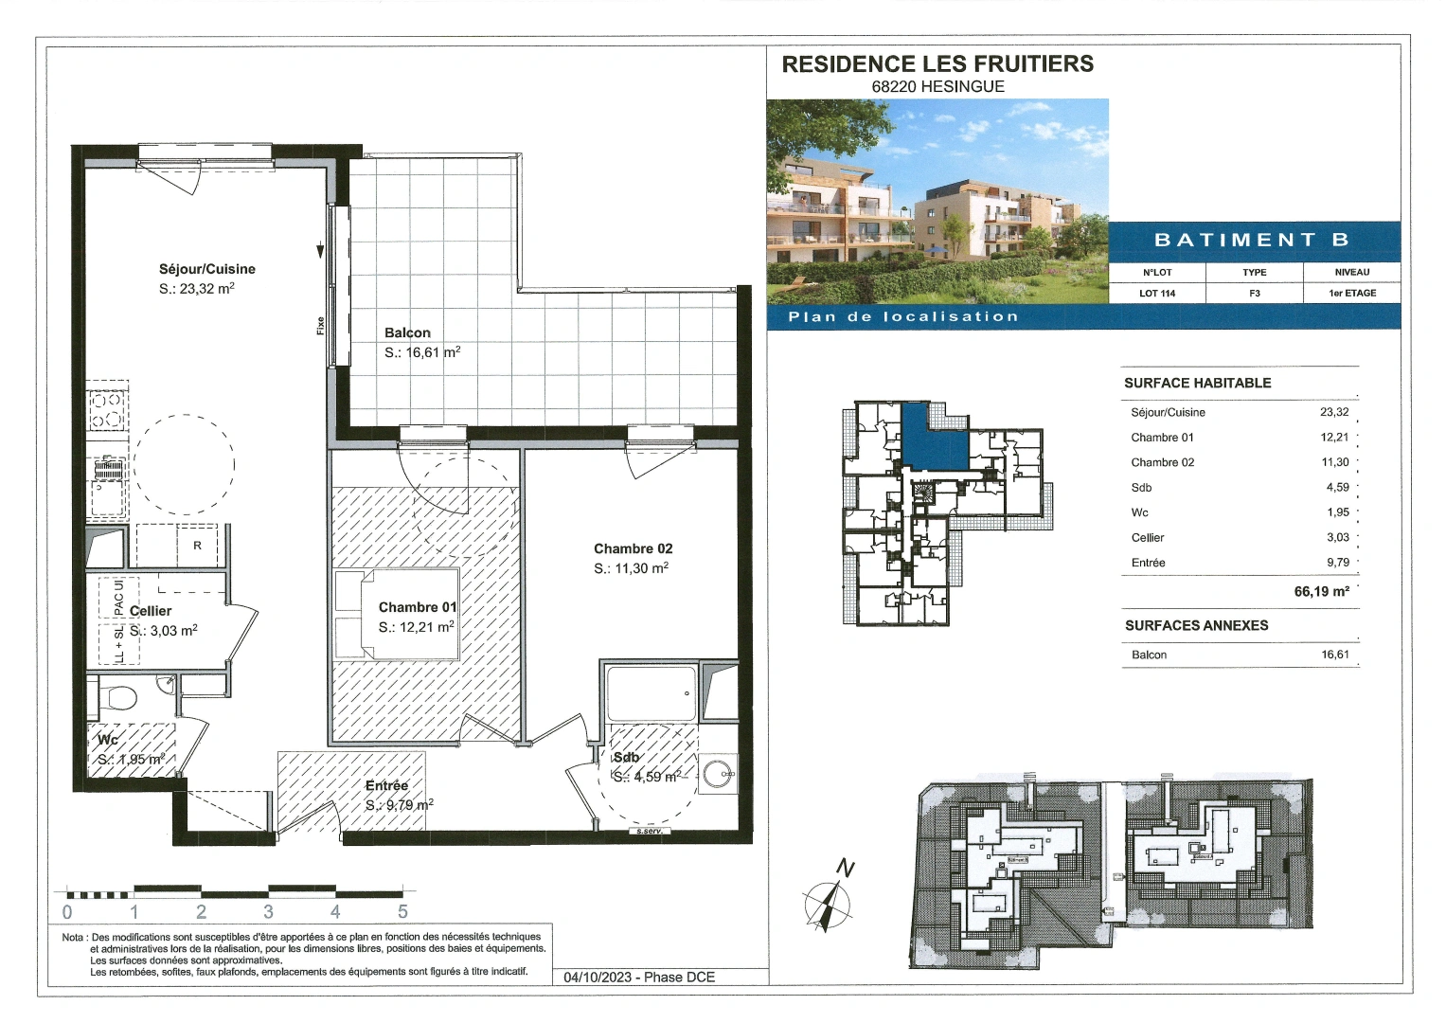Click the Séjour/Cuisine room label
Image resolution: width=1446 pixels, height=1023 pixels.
[206, 269]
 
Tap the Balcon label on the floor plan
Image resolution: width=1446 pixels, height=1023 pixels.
[407, 332]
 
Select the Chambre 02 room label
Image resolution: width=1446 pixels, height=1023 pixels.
[633, 548]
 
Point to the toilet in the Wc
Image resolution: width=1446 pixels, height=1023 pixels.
[120, 699]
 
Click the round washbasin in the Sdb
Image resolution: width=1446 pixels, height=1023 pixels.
[717, 774]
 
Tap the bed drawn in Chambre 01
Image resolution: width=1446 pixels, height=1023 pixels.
[397, 614]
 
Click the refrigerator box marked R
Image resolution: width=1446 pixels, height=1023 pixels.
[197, 546]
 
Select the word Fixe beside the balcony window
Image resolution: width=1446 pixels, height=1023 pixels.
[320, 325]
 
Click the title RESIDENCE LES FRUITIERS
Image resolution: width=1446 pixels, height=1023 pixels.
[937, 63]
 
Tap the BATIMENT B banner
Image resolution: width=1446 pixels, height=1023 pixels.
[1252, 240]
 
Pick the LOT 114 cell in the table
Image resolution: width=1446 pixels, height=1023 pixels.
[1156, 293]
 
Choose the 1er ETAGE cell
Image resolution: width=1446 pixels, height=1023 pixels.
[1351, 293]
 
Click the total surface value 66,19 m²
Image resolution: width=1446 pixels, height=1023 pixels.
[1321, 591]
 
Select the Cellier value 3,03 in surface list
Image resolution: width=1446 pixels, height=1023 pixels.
[1337, 537]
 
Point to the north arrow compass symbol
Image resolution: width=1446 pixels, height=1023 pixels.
[828, 900]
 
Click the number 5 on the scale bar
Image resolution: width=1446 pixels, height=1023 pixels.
[402, 912]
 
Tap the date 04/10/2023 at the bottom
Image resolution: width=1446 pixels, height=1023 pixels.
[598, 977]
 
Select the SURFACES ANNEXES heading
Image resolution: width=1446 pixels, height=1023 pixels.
[1196, 625]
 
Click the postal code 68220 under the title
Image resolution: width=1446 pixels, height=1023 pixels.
[892, 86]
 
